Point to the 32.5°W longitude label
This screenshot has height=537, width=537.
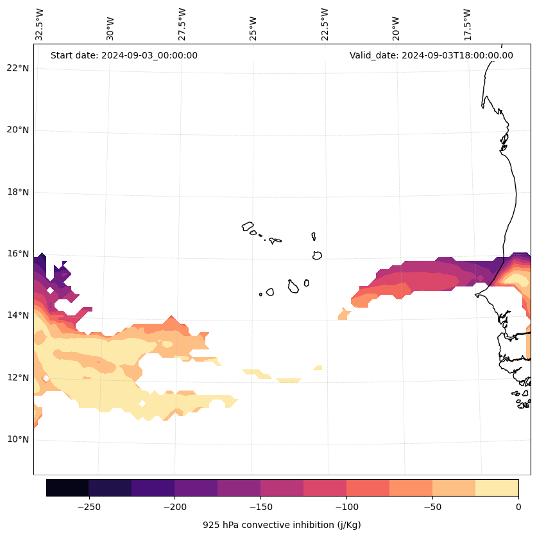pos(40,24)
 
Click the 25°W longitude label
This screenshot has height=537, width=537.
pos(253,24)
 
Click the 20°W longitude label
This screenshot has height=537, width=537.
pos(396,24)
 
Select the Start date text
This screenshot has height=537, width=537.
pos(124,55)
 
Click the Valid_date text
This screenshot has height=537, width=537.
pos(431,55)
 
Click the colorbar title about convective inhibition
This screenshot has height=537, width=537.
pos(282,525)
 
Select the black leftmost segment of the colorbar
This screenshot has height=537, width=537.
pos(67,488)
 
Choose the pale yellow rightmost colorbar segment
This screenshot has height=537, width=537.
pos(497,488)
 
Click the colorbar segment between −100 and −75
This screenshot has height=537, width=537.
pos(368,488)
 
